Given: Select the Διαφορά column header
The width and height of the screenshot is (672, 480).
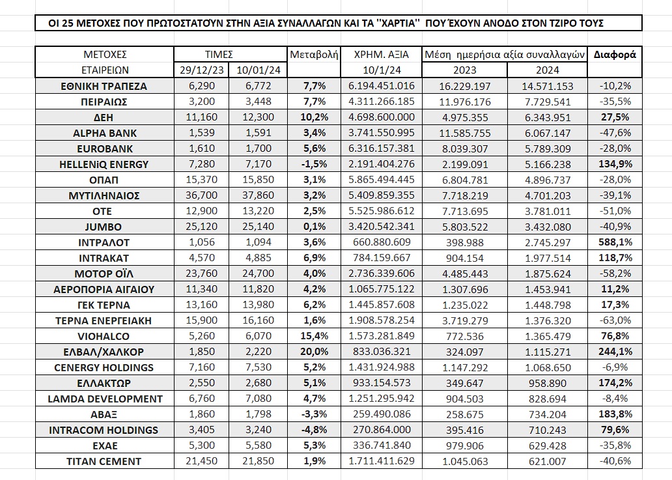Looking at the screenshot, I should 615,55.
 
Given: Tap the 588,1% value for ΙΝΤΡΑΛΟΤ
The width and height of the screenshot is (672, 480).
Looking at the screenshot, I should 615,242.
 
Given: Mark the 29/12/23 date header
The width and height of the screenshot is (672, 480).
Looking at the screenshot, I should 201,70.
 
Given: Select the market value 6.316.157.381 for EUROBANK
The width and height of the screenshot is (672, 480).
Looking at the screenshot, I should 382,148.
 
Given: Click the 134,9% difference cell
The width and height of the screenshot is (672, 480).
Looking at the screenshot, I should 615,164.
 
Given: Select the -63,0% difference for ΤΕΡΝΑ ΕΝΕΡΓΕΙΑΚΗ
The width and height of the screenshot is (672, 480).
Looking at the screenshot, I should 615,320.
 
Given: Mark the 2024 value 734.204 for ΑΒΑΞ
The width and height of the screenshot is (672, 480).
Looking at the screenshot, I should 547,414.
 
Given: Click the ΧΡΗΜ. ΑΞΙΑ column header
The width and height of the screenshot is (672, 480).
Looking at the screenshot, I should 382,55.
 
